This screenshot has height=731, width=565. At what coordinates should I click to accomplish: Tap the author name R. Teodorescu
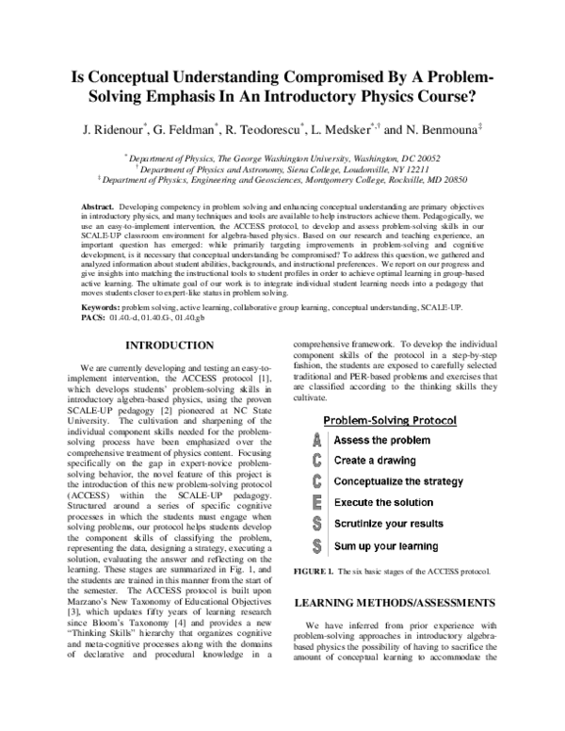[x=259, y=127]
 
